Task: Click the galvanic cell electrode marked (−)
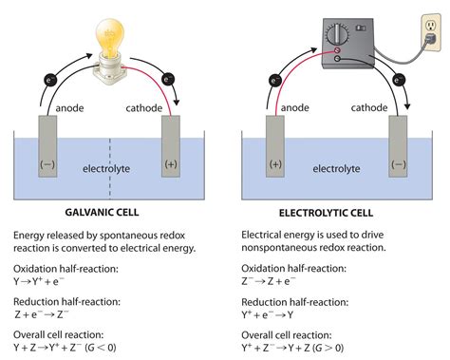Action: pos(47,152)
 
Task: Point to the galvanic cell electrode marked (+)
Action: pos(172,152)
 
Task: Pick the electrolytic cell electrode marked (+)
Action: pos(273,152)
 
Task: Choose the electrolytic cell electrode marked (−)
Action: pos(398,152)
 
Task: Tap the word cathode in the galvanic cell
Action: pos(144,106)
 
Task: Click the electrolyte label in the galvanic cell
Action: pos(108,168)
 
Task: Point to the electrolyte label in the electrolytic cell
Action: pos(336,168)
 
